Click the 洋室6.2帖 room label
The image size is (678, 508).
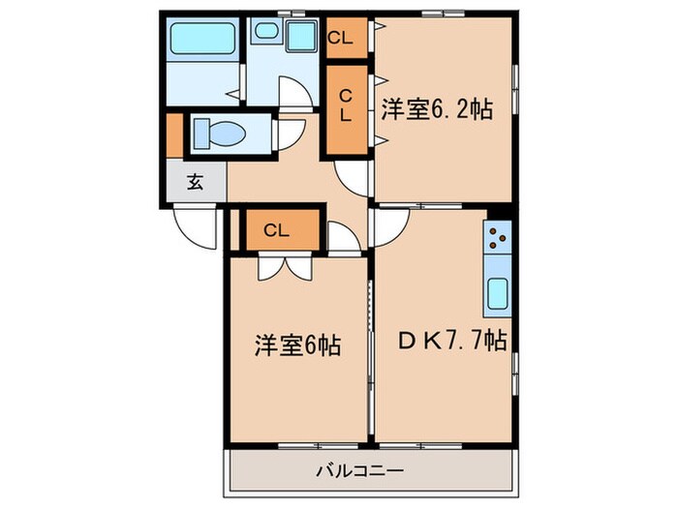[435, 109]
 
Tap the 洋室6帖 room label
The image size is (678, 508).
[297, 344]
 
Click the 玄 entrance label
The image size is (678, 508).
[195, 182]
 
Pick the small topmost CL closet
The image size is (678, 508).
[345, 39]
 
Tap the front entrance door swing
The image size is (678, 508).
[198, 229]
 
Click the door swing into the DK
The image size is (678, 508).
[390, 227]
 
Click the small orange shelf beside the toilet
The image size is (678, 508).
[173, 135]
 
